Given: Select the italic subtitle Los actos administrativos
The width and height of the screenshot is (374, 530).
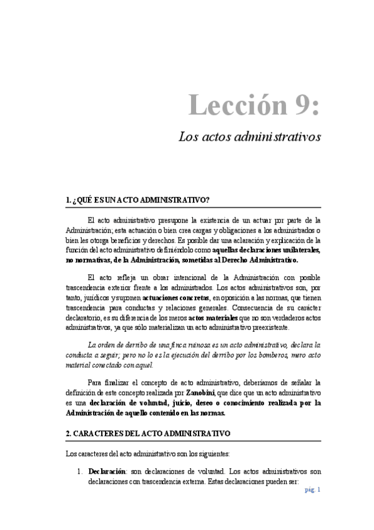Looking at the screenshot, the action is [x=250, y=136].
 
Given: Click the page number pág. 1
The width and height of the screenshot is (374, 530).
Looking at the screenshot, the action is [x=313, y=490].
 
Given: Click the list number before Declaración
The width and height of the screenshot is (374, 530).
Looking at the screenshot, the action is [x=79, y=471].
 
